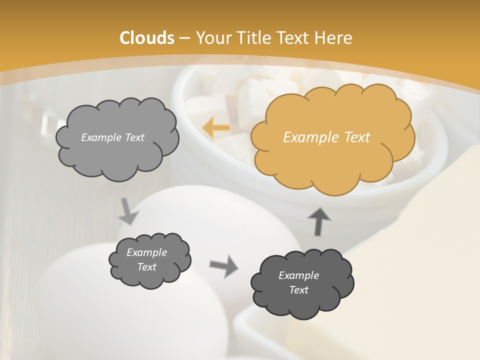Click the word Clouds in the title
147,38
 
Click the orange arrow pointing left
216,128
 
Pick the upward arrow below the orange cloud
319,221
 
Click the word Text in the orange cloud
357,137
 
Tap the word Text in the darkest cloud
298,290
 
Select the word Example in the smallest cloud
146,252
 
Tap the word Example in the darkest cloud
298,275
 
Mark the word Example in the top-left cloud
101,137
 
